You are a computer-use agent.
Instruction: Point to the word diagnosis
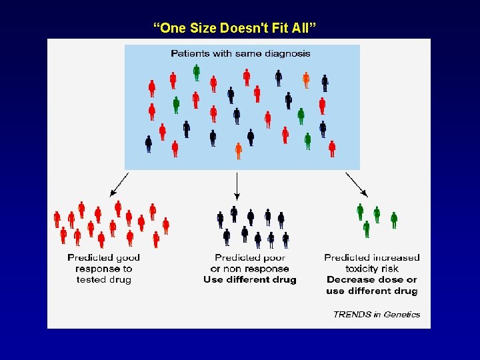pos(287,53)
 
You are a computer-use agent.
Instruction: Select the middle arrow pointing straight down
pos(237,185)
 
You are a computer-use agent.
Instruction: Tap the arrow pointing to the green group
pos(355,183)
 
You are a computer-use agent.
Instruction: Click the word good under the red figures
pos(127,257)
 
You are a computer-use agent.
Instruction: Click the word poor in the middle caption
pos(273,257)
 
